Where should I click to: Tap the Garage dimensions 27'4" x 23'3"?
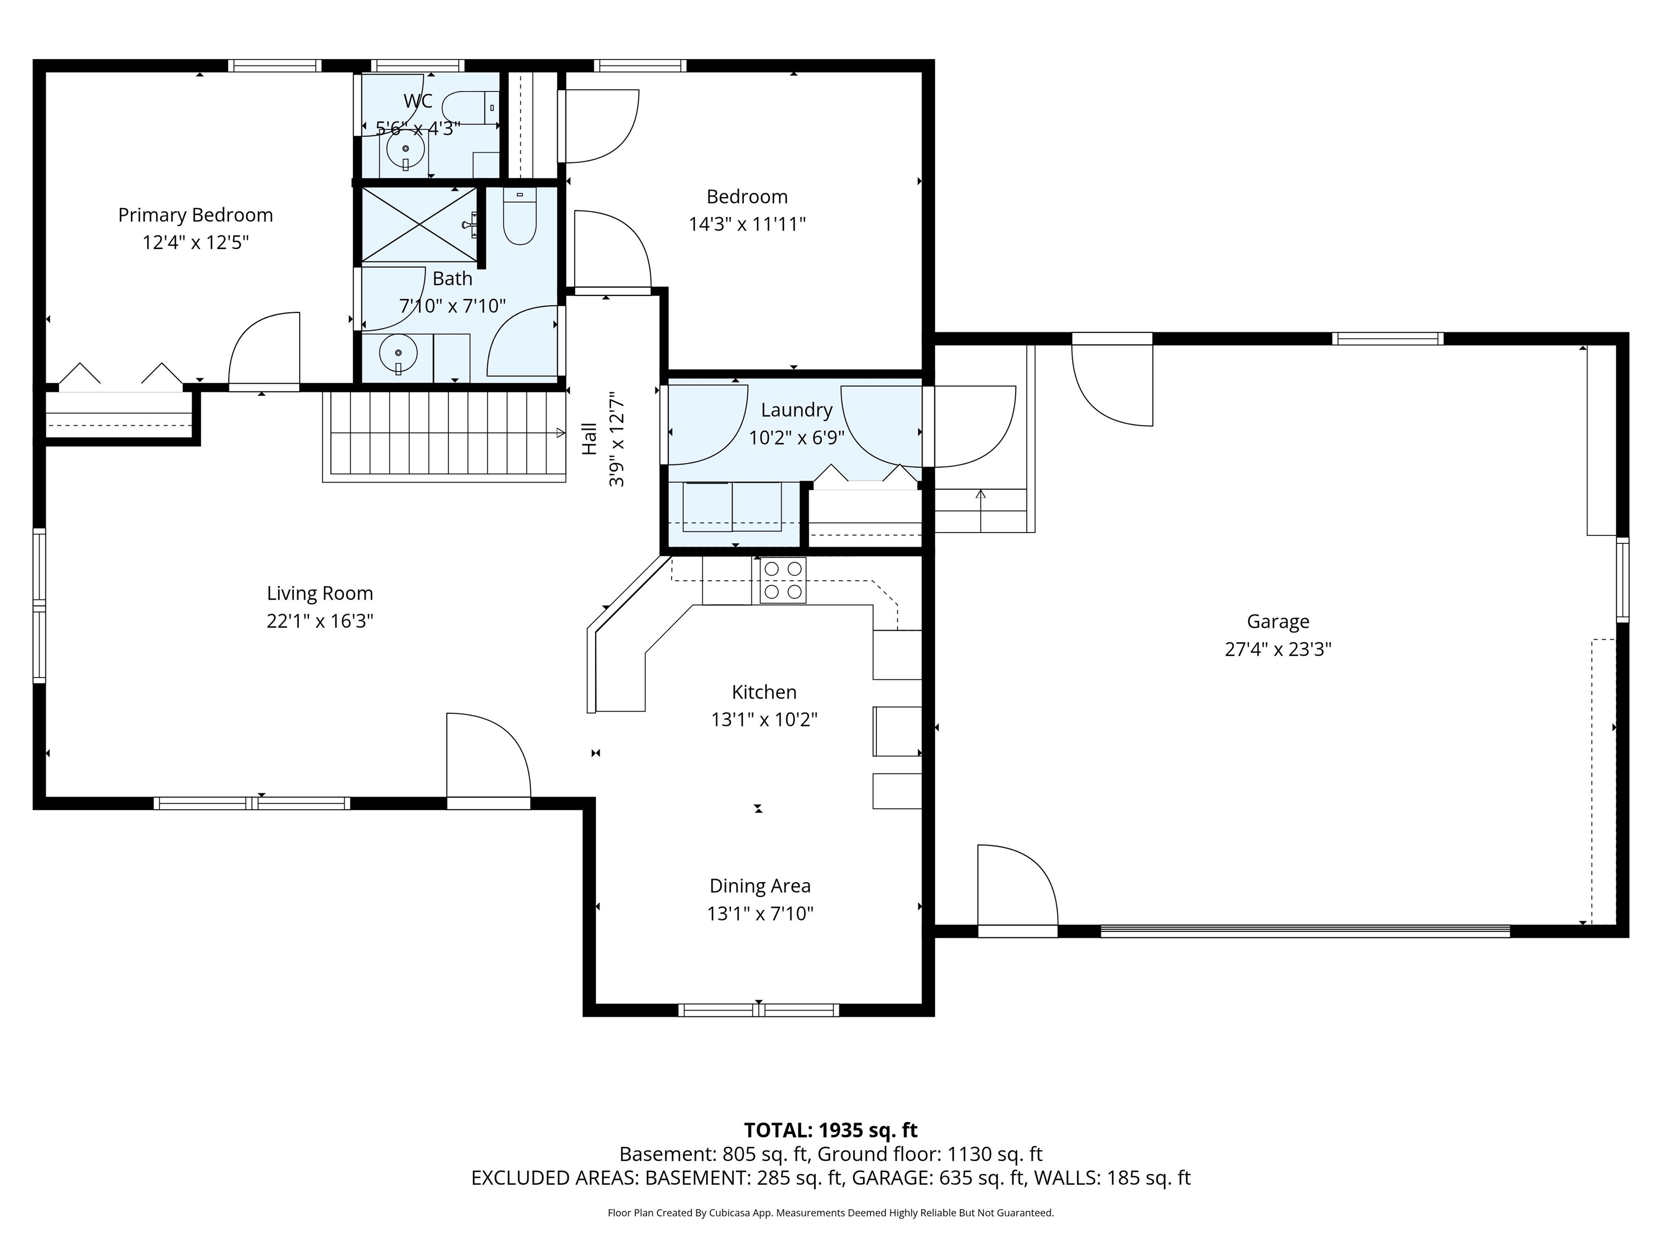(1278, 649)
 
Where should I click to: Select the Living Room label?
(320, 593)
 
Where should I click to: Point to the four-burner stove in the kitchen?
(783, 580)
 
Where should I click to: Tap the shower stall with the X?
(419, 225)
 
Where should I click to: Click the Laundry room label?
(796, 410)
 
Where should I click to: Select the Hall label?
(590, 438)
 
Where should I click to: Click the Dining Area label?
(760, 886)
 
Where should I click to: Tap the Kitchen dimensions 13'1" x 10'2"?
(764, 719)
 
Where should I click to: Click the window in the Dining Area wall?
(758, 1010)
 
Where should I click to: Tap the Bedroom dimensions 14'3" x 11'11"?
(747, 224)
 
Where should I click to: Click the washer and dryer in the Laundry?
(732, 507)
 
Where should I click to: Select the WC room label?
(418, 101)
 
